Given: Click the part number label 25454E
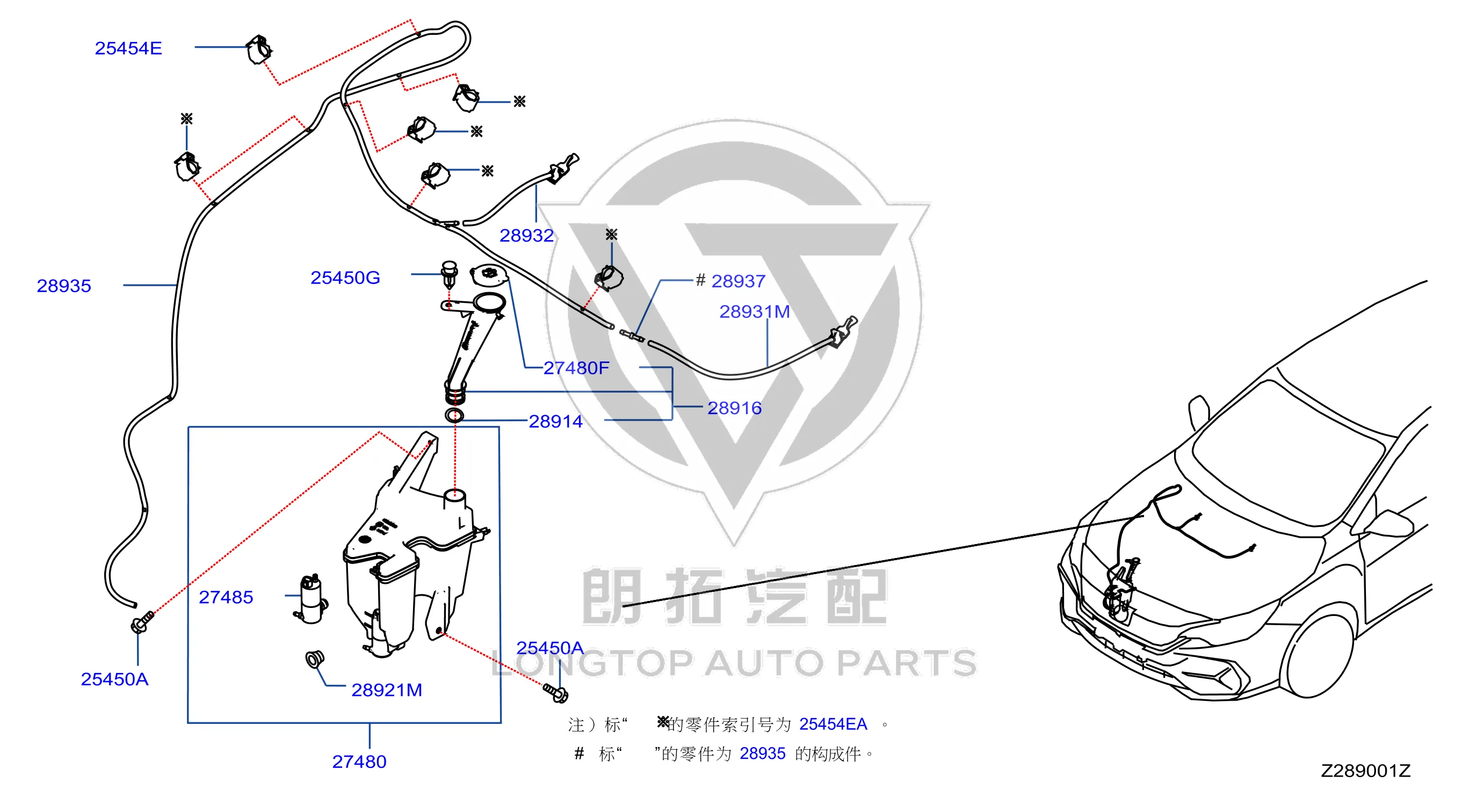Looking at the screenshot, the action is pyautogui.click(x=128, y=48).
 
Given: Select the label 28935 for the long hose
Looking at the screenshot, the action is pyautogui.click(x=64, y=286).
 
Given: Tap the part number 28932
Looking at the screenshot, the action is pyautogui.click(x=526, y=235).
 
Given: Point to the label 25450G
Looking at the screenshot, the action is pyautogui.click(x=345, y=278).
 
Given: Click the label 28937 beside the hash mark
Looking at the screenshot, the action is pyautogui.click(x=738, y=281).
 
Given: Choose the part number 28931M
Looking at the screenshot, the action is pyautogui.click(x=754, y=312).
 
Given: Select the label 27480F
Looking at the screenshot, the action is pyautogui.click(x=576, y=368).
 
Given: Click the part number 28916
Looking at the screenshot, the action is pyautogui.click(x=735, y=408).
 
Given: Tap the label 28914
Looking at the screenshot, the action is pyautogui.click(x=555, y=421).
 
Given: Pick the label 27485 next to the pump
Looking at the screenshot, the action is pyautogui.click(x=226, y=597).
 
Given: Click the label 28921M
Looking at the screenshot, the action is pyautogui.click(x=387, y=690).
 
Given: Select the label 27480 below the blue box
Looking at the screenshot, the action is pyautogui.click(x=359, y=762).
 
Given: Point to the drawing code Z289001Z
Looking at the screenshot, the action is pyautogui.click(x=1365, y=771).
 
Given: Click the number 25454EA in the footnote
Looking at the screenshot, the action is pyautogui.click(x=833, y=724).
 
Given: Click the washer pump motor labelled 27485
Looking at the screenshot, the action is pyautogui.click(x=312, y=599).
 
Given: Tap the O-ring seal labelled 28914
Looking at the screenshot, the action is pyautogui.click(x=454, y=415).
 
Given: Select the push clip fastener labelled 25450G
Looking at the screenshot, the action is pyautogui.click(x=450, y=274).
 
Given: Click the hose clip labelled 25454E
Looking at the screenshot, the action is pyautogui.click(x=259, y=49).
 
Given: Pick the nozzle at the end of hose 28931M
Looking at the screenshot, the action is pyautogui.click(x=844, y=332).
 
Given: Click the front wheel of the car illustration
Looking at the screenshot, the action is pyautogui.click(x=1318, y=656).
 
